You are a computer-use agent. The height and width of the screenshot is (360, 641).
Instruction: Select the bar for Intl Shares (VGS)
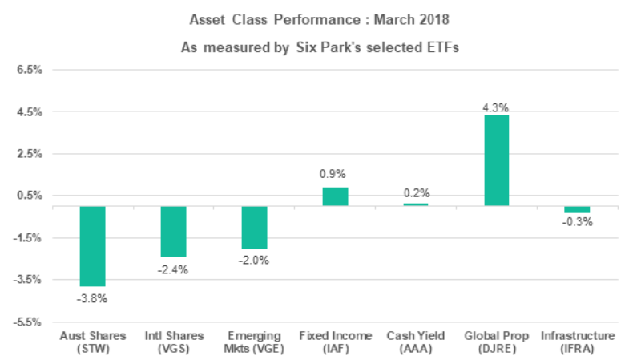(x=173, y=231)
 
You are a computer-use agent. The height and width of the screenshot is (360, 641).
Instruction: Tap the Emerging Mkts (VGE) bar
(x=254, y=228)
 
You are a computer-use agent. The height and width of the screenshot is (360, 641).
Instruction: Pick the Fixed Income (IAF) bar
(x=335, y=197)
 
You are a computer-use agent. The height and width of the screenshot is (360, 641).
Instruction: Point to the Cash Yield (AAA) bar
(x=415, y=204)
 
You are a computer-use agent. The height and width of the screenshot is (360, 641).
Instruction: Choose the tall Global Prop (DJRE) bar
(x=496, y=160)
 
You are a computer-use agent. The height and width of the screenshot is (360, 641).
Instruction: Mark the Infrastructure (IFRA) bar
(x=577, y=209)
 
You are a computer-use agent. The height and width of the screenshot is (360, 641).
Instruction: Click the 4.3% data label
(x=496, y=107)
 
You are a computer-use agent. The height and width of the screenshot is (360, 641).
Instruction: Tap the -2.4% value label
(x=173, y=269)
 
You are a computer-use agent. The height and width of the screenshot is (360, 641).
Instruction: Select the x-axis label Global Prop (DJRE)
(x=496, y=342)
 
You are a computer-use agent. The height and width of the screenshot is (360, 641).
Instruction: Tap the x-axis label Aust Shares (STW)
(x=92, y=342)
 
